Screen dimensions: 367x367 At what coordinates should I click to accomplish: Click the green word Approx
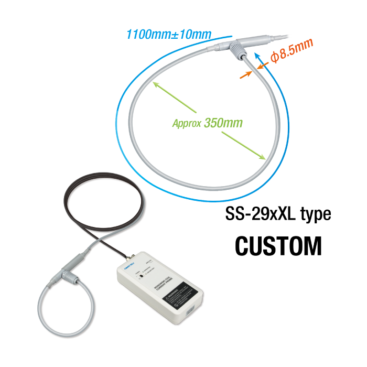click(x=187, y=124)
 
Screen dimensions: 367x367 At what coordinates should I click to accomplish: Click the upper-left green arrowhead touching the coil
click(x=154, y=82)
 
